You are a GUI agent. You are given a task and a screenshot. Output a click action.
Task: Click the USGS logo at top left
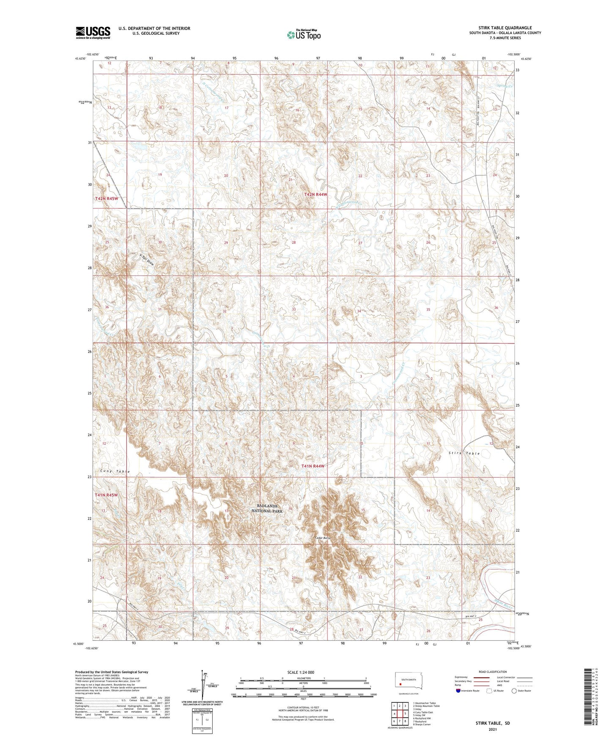coord(93,33)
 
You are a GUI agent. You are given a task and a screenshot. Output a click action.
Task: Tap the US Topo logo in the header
coord(304,35)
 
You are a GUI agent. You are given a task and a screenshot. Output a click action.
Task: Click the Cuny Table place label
coord(115,471)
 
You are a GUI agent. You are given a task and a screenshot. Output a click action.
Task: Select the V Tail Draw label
coord(147,260)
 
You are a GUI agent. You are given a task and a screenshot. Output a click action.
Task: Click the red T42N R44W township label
coord(316,194)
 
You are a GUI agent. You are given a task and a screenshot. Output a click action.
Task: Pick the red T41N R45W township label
coord(107,495)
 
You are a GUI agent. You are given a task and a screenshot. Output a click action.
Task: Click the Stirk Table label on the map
coord(464,453)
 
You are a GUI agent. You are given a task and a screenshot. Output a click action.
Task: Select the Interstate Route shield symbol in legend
coord(458,691)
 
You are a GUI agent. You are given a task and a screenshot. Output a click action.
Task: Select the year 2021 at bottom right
coord(492,729)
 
